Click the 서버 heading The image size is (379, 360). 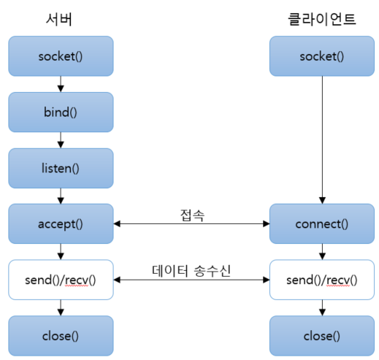click(61, 20)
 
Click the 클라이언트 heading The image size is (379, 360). click(322, 20)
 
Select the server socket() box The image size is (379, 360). click(61, 56)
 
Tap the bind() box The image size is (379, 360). click(61, 112)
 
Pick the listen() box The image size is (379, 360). click(61, 168)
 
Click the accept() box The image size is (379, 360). click(61, 223)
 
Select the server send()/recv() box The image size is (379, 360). click(61, 280)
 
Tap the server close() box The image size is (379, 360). click(61, 335)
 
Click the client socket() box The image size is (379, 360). click(322, 56)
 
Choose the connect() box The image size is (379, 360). click(322, 223)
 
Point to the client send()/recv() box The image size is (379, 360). click(322, 280)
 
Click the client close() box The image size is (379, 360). click(322, 335)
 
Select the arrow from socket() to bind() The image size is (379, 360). click(61, 84)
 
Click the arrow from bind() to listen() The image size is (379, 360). click(61, 140)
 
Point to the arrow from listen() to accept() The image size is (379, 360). click(61, 196)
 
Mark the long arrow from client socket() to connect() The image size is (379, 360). click(322, 139)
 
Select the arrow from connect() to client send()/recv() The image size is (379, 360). click(322, 252)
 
